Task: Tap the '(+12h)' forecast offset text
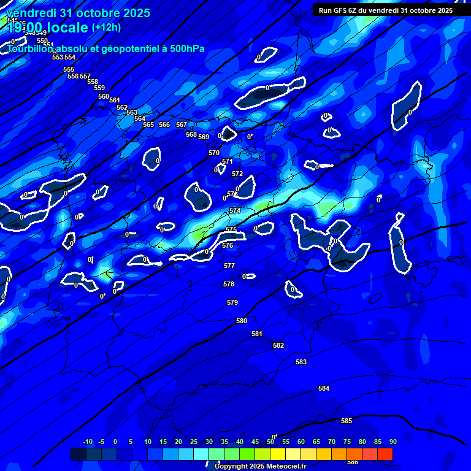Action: point(106,27)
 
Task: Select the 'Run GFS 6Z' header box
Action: point(386,10)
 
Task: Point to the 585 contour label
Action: point(347,421)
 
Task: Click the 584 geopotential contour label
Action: point(324,388)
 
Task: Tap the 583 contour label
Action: point(301,362)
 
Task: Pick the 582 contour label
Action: point(278,345)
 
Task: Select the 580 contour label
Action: point(242,321)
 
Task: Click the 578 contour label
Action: point(229,284)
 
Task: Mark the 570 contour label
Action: point(214,153)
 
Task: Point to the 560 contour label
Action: point(104,96)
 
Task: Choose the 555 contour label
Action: point(69,69)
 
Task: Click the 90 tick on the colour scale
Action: point(392,442)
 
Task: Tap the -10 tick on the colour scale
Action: point(88,442)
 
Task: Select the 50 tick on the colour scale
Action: point(270,442)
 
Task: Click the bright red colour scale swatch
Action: point(385,454)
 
